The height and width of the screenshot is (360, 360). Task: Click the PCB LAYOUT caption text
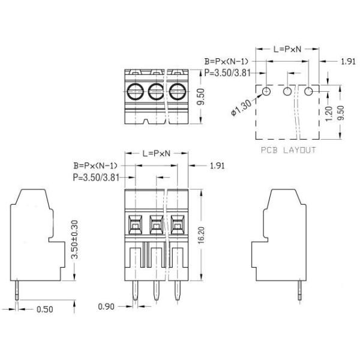(288, 150)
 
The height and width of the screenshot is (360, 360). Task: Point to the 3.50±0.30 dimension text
(74, 238)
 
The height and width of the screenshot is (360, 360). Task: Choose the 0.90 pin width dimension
(107, 307)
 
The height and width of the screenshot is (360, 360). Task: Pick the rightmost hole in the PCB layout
(309, 91)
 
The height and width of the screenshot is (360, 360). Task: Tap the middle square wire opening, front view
(156, 225)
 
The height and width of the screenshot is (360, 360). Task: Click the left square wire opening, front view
(135, 225)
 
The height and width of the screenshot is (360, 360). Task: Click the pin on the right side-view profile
(299, 291)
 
